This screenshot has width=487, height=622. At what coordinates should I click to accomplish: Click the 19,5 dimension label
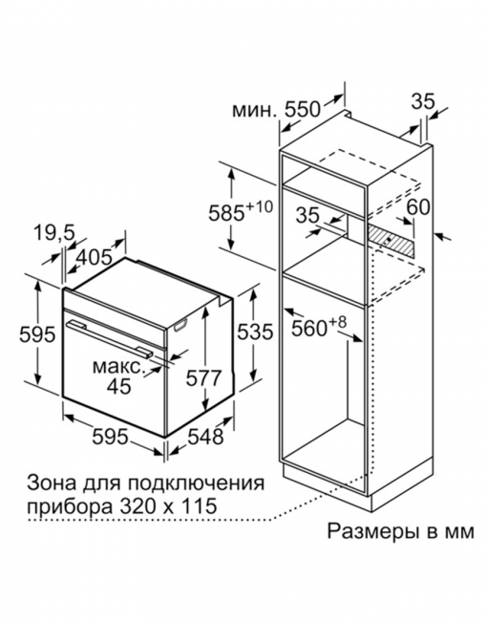(x=53, y=233)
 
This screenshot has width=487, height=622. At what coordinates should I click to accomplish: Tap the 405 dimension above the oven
(x=94, y=258)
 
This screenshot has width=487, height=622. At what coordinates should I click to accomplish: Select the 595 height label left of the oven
(x=37, y=334)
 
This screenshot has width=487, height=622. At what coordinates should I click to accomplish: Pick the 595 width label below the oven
(x=110, y=438)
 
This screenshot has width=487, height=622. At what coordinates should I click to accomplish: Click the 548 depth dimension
(x=205, y=438)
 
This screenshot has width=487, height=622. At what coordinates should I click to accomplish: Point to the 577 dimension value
(x=203, y=378)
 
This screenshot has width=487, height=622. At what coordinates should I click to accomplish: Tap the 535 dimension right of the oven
(x=255, y=332)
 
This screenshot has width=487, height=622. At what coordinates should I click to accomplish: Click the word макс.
(x=119, y=367)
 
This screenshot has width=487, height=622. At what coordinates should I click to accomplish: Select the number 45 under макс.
(x=119, y=386)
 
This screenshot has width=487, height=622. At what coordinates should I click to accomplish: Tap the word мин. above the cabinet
(x=253, y=111)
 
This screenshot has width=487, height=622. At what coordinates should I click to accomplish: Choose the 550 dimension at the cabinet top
(x=303, y=109)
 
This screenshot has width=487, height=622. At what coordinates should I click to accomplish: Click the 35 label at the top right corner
(x=423, y=102)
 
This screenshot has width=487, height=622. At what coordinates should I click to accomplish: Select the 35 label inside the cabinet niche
(x=308, y=215)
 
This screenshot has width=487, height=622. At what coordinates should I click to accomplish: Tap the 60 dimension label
(x=419, y=206)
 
